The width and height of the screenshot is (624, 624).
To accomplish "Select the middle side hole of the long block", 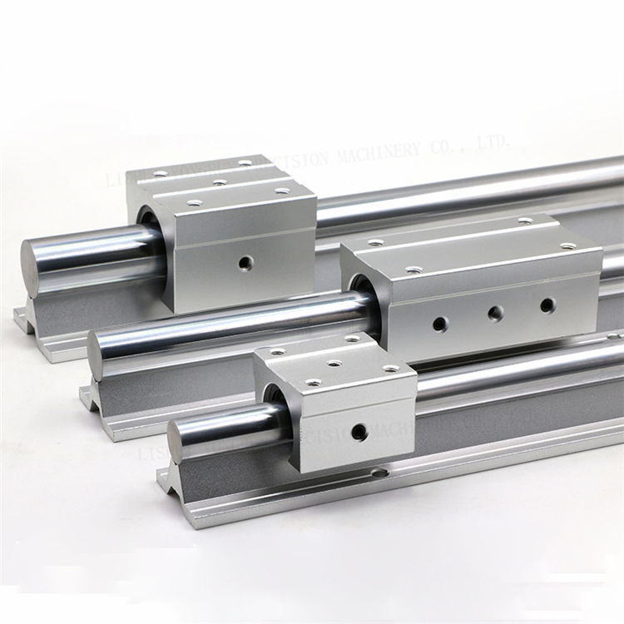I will [x=494, y=313].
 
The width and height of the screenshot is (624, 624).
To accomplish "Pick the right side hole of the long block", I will [x=547, y=306].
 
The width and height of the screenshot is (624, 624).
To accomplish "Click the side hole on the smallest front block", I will [x=359, y=431].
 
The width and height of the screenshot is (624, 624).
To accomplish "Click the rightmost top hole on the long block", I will [x=570, y=246].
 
